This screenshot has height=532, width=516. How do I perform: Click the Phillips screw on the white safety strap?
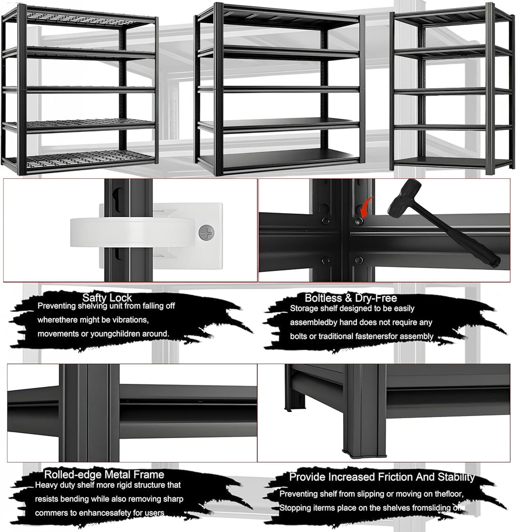tap(206, 232)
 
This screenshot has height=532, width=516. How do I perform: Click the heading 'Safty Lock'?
tap(107, 298)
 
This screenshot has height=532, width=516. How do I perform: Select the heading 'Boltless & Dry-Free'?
tap(350, 298)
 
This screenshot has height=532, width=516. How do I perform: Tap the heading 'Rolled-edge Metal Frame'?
tap(104, 474)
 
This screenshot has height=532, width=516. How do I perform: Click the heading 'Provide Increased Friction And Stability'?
tap(381, 477)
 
